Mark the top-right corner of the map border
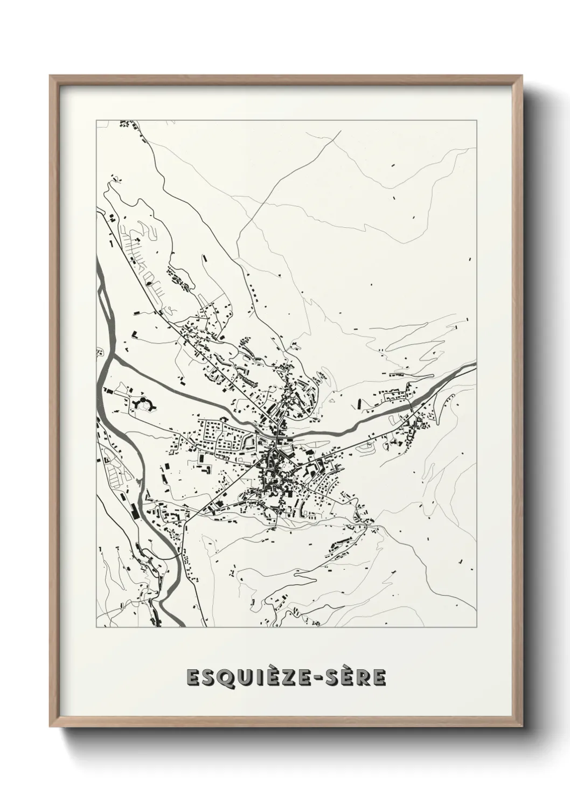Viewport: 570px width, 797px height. point(476,120)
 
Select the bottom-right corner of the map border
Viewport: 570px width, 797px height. point(476,627)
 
